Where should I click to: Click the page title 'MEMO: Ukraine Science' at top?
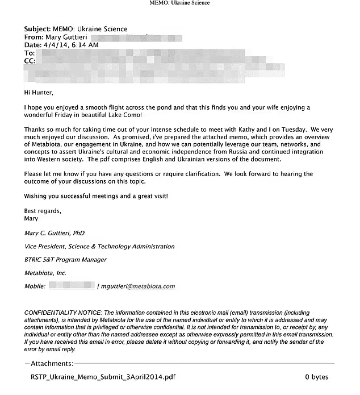[179, 3]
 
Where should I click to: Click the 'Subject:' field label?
[37, 29]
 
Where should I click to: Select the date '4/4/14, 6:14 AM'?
[71, 45]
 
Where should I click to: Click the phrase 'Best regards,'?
[43, 211]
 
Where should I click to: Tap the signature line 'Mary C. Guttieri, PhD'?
[55, 233]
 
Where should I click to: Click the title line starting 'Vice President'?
[99, 247]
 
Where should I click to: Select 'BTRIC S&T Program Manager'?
[65, 260]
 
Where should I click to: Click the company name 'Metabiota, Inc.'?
[45, 273]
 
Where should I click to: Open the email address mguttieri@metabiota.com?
[138, 286]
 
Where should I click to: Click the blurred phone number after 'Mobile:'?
[72, 286]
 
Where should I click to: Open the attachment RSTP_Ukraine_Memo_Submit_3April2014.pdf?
[103, 377]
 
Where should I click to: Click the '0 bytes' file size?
[316, 377]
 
